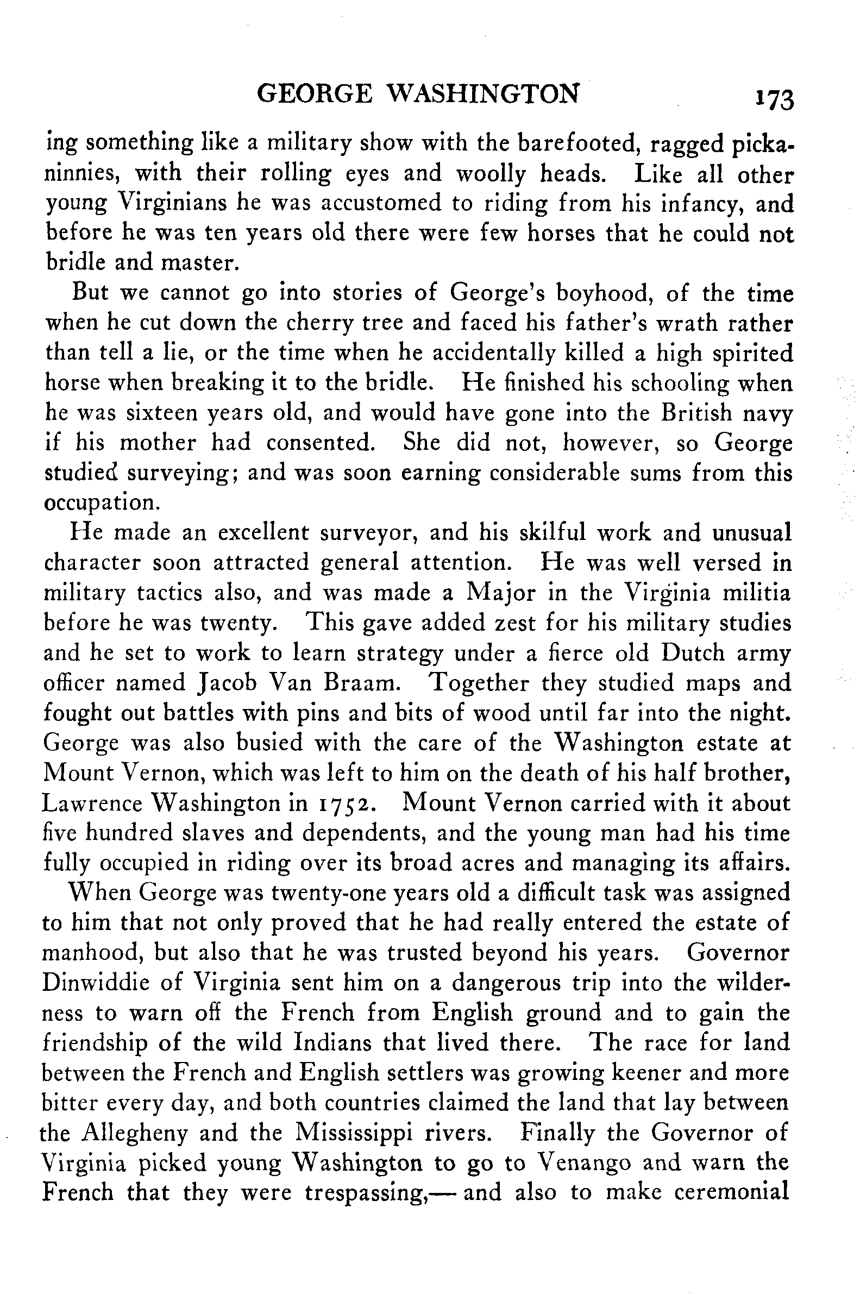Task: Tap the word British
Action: [x=695, y=413]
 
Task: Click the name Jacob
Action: [x=225, y=683]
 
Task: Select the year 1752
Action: [x=342, y=803]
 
